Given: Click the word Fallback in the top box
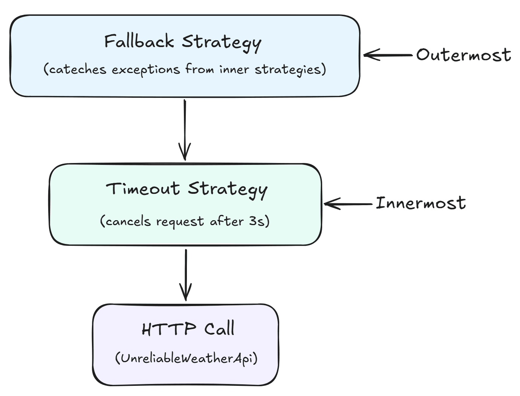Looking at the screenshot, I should (x=139, y=41).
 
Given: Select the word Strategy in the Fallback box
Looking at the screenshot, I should (x=222, y=42).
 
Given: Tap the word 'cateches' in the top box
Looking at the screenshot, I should (x=77, y=70).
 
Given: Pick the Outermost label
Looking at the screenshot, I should (x=463, y=55).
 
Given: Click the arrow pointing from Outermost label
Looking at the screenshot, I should (x=388, y=55).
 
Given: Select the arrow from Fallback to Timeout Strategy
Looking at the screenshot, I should (x=185, y=130).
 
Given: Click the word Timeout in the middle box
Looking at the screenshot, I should (x=143, y=188).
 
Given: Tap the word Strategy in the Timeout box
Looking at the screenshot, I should (x=228, y=189).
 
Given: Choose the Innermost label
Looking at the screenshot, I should (x=421, y=203).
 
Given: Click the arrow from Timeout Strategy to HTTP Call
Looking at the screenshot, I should (x=186, y=275).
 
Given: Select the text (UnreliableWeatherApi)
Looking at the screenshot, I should (x=186, y=358).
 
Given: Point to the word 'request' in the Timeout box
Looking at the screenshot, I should (x=180, y=222).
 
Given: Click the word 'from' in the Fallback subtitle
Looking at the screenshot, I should (x=200, y=70).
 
